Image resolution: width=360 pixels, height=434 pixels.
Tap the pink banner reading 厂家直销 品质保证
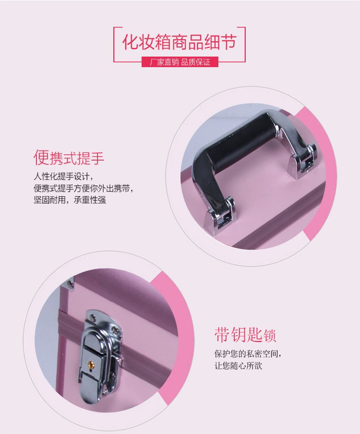coord(180,62)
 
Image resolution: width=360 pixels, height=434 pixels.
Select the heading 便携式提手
coord(69,157)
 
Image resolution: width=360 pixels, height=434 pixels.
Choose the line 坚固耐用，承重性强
coord(70,199)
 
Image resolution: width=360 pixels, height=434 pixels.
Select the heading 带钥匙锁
coord(245,335)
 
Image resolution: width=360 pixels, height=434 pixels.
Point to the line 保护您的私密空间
coord(248,354)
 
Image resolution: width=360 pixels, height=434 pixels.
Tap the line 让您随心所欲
coord(238,366)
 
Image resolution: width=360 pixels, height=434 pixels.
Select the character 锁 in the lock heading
coord(269,335)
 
